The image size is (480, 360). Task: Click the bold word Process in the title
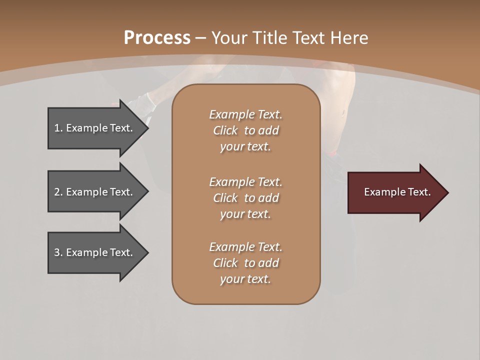coord(157,38)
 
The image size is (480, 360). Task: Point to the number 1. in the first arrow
coord(58,128)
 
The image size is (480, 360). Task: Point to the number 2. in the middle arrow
coord(58,192)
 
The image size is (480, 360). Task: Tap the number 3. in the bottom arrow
coord(58,252)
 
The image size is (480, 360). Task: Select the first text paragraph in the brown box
coord(245,130)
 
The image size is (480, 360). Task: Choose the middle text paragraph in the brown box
coord(245,198)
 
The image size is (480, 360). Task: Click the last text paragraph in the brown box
coord(245,263)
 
